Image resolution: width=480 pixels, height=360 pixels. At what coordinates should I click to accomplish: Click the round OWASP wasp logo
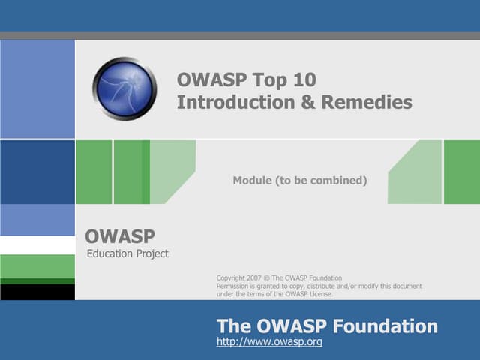[x=124, y=88]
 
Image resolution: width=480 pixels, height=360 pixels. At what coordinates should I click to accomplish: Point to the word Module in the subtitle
[x=252, y=181]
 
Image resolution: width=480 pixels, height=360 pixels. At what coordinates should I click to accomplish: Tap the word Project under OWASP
[x=152, y=253]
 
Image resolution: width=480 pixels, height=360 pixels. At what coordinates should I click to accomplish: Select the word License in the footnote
[x=318, y=294]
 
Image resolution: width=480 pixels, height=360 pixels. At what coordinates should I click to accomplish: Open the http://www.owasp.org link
[x=269, y=342]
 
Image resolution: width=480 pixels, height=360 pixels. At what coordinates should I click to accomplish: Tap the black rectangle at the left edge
[x=37, y=292]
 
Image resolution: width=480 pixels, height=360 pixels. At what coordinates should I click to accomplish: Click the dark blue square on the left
[x=37, y=172]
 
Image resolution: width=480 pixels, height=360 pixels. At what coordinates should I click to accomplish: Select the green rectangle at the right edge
[x=461, y=172]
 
